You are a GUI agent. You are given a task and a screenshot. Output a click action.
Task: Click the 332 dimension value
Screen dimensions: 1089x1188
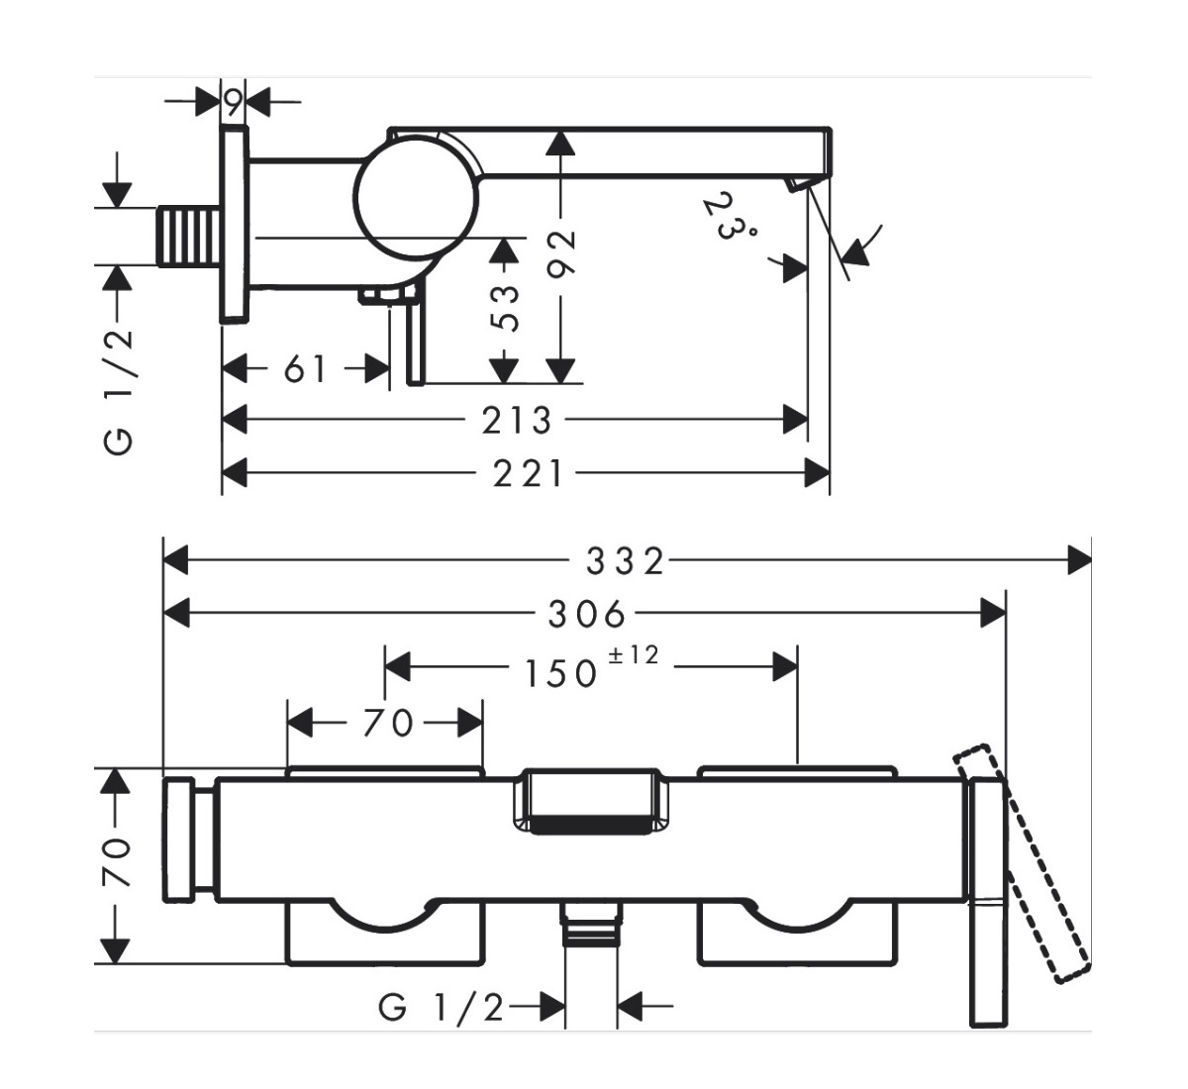pos(624,561)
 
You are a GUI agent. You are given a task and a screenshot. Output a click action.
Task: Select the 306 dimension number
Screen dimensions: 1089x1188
pos(587,615)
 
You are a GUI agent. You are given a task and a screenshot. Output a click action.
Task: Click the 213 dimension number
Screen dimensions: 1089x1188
pos(516,421)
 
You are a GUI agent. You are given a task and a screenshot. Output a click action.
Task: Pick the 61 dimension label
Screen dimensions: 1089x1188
pos(305,369)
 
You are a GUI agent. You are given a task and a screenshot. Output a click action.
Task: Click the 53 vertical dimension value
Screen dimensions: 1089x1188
pos(505,307)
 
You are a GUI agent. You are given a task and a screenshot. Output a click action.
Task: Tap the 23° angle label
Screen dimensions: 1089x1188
pos(730,217)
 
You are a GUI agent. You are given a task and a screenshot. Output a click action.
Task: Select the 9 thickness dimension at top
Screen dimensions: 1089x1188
pos(233,100)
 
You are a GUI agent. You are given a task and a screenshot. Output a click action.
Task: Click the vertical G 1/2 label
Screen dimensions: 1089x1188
pos(119,391)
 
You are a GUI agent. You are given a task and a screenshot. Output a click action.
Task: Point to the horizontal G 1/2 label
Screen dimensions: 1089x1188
pos(441,1009)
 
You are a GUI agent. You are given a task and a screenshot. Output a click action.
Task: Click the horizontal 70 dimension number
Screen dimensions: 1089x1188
pos(386,724)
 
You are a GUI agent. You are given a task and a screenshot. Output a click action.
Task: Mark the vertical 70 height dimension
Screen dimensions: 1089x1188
pos(117,861)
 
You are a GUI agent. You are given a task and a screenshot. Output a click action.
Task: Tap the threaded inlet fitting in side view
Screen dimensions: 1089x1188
pos(189,236)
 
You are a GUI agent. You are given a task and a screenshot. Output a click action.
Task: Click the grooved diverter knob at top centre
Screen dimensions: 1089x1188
pos(588,800)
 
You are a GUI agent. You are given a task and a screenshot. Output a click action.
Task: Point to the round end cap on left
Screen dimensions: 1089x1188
pos(179,840)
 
